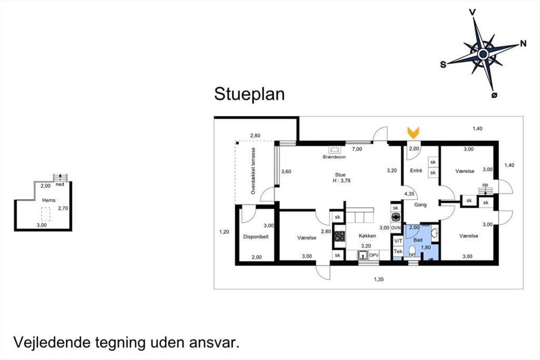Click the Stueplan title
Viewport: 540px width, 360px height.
coord(249,94)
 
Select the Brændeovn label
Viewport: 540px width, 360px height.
coord(334,157)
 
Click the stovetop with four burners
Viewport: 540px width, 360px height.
coord(339,236)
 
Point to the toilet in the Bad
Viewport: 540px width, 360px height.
coord(412,251)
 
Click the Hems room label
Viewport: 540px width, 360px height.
coord(49,200)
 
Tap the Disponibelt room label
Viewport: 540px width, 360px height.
coord(256,237)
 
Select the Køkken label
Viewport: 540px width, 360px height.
coord(367,236)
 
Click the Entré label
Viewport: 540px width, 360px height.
coord(416,171)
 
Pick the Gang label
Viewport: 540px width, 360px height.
coord(420,205)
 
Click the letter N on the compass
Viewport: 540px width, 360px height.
coord(523,44)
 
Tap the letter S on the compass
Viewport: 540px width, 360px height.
coord(443,65)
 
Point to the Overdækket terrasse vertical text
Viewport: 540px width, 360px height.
coord(253,171)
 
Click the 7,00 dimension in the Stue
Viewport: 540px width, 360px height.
coord(357,149)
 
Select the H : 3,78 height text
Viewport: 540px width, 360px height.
coord(342,180)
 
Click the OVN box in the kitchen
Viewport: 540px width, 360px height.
coord(396,228)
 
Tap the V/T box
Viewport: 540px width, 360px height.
coord(398,241)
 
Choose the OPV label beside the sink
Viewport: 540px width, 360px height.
coord(374,255)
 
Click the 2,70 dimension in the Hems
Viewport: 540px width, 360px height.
coord(63,208)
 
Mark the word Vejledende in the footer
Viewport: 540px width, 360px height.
coord(52,342)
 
